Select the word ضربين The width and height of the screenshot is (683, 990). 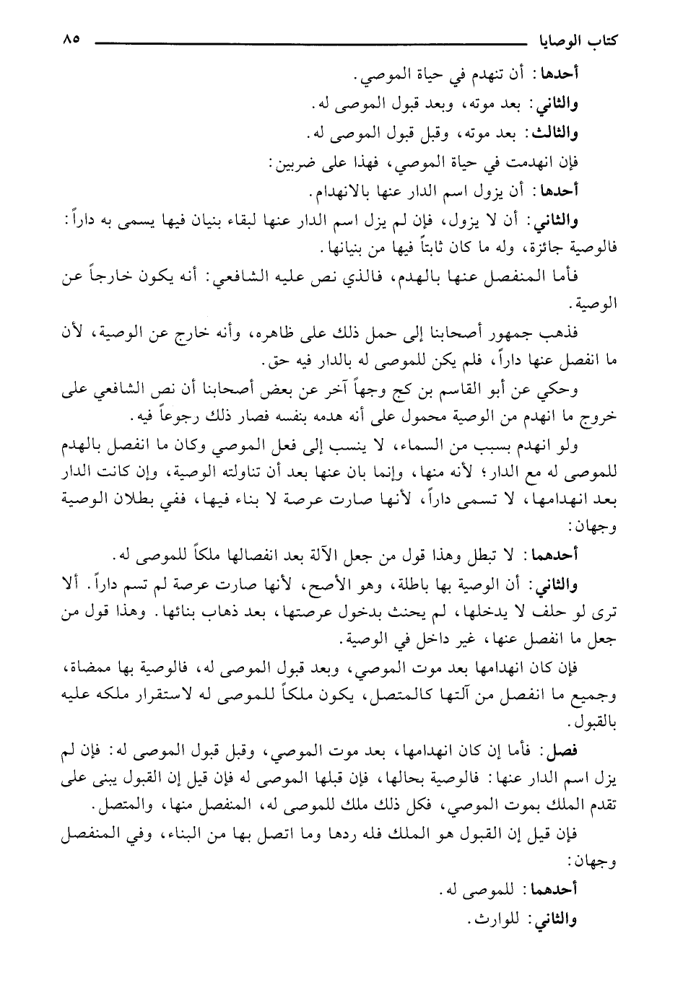click(293, 163)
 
